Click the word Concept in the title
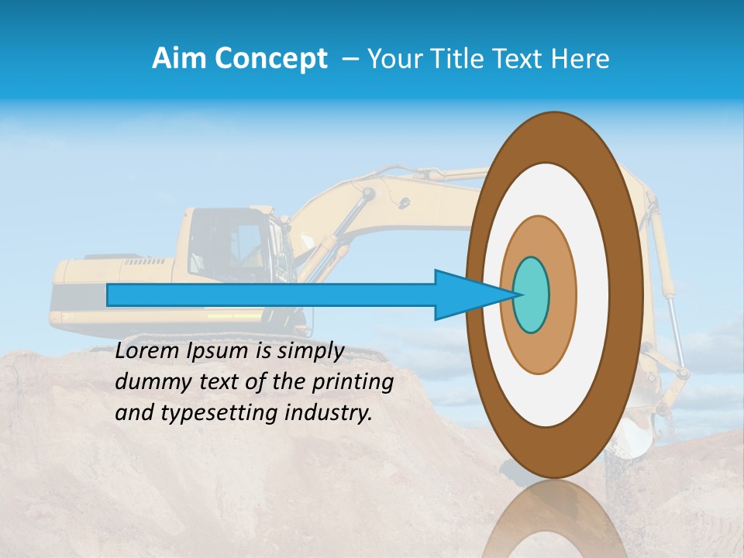tap(270, 59)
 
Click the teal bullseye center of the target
tap(532, 295)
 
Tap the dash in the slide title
tap(350, 59)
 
